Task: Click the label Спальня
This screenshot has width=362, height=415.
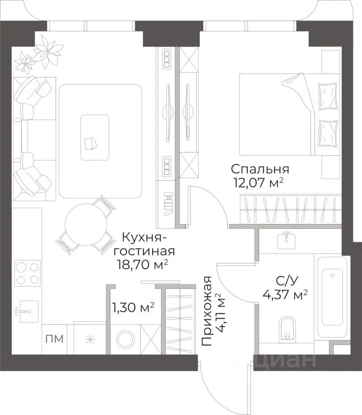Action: pos(260,169)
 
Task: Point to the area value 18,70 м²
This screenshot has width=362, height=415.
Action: pos(142,264)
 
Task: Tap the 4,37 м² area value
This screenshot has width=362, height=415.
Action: pos(285,294)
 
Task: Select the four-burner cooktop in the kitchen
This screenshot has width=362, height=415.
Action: pos(27,272)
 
